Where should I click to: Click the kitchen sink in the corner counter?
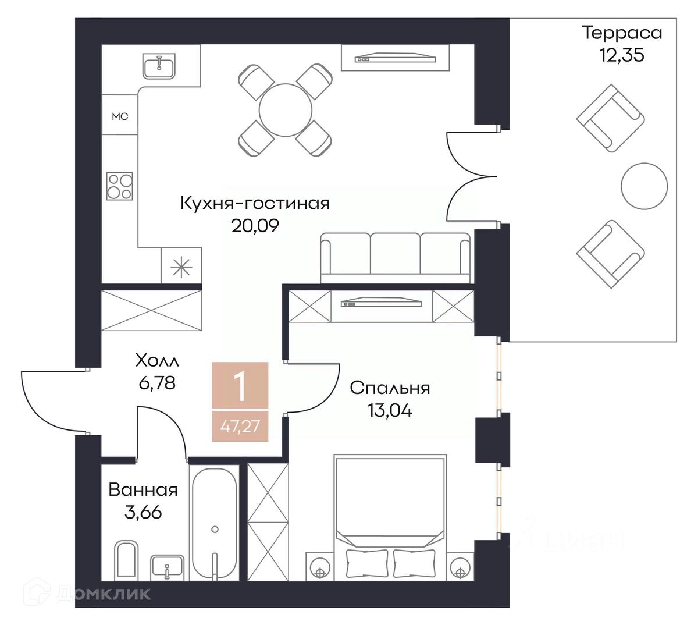point(159,66)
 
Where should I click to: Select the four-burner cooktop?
point(120,186)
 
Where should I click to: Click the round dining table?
point(286,110)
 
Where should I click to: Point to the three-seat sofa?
point(395,258)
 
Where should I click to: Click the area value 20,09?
point(255,226)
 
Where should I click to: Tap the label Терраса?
point(622,33)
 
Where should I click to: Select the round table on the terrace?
point(644,186)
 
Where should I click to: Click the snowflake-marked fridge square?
point(181,267)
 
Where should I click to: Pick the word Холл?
point(157,361)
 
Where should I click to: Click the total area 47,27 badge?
point(240,427)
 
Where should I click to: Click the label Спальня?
point(390,388)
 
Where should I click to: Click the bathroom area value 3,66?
point(143,513)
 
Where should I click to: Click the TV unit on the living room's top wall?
point(395,58)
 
